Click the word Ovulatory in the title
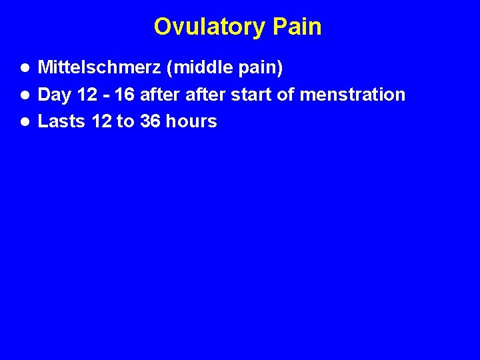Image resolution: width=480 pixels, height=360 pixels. click(210, 27)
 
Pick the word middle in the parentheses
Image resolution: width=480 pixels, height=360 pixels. click(194, 67)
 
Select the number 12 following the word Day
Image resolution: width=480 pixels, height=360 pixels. click(87, 95)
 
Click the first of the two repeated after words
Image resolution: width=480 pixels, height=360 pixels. click(160, 95)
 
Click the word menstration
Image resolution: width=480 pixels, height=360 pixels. click(352, 95)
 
